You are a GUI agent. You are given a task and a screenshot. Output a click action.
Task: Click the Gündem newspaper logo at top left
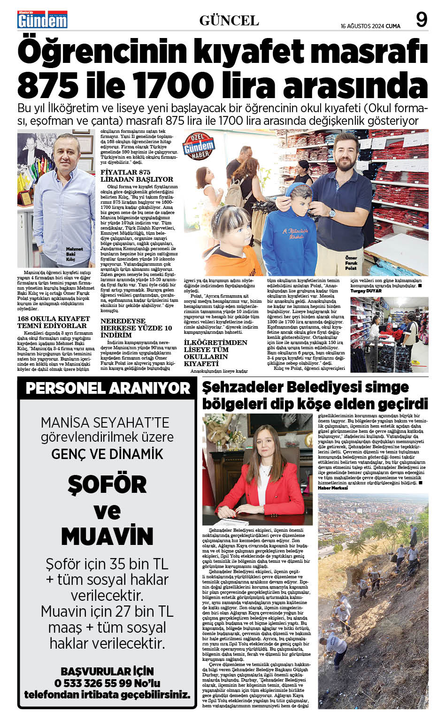click(42, 20)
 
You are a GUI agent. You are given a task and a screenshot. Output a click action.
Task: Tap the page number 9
click(421, 20)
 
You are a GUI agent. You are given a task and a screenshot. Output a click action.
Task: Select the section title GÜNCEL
click(229, 21)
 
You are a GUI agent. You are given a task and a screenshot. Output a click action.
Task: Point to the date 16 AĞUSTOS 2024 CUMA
click(370, 26)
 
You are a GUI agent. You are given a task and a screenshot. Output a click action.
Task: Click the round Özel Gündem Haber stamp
click(199, 146)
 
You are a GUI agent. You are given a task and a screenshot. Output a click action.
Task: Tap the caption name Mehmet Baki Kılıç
click(74, 254)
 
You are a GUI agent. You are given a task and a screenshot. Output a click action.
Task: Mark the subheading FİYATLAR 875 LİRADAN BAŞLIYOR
click(137, 176)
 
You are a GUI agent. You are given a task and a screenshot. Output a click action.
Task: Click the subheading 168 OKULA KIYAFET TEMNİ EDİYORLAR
click(53, 322)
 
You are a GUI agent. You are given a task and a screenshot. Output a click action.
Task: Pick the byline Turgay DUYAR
click(366, 291)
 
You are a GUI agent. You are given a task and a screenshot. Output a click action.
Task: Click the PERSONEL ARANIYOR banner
click(108, 388)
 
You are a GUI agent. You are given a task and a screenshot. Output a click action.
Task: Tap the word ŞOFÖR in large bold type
click(107, 484)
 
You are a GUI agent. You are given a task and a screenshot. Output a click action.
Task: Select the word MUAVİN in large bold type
click(107, 536)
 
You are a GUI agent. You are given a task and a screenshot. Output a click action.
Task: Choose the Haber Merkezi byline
click(333, 488)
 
